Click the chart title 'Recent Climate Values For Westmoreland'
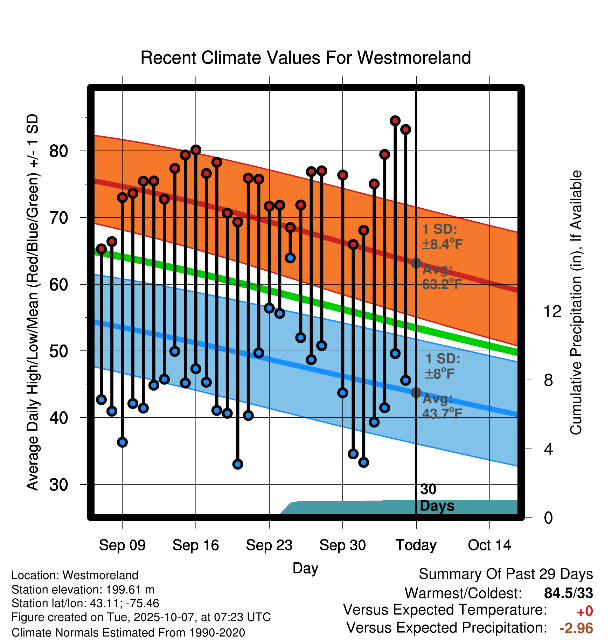coord(305,58)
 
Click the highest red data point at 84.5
coord(395,121)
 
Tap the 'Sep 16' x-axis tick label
coord(195,545)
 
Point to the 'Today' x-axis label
coord(416,545)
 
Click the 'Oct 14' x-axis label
coord(489,545)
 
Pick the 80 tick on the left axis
coord(58,151)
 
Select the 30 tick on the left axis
coord(58,485)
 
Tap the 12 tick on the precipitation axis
coord(552,311)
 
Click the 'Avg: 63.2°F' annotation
coord(442,277)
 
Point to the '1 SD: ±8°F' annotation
coord(443,366)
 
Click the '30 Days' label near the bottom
coord(437,498)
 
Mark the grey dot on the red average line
coord(416,263)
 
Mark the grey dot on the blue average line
coord(416,393)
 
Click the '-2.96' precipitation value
coord(576,628)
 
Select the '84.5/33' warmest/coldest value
coord(569,593)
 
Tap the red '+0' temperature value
coord(584,611)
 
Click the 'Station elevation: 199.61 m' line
coord(83,590)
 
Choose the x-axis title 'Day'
coord(305,568)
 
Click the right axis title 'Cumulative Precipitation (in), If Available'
coord(576,302)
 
